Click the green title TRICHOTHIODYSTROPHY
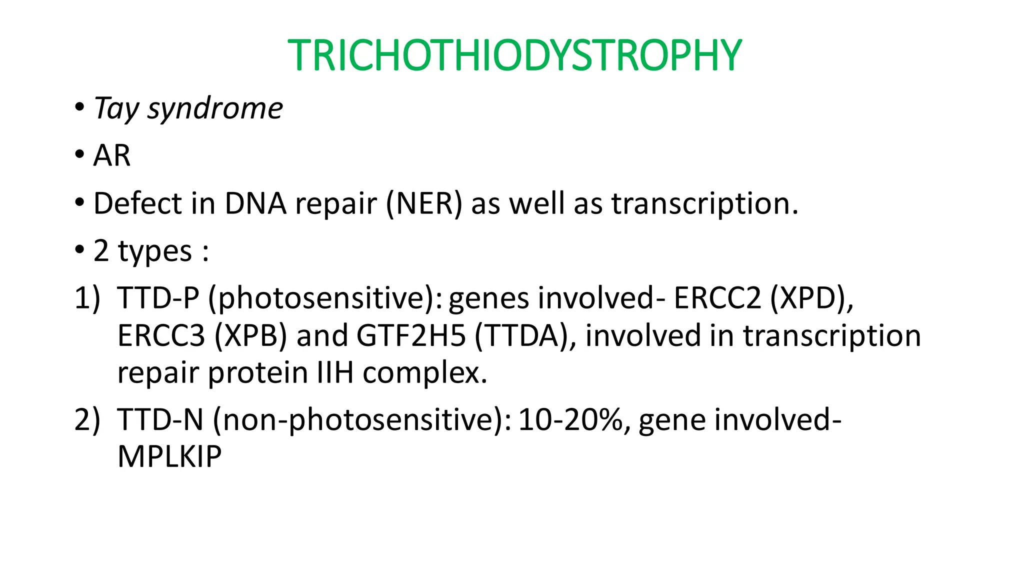tap(514, 55)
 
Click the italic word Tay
tap(116, 108)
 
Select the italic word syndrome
tap(215, 108)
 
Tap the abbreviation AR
tap(112, 155)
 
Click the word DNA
tap(255, 203)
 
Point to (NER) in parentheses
tap(424, 203)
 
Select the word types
tap(155, 251)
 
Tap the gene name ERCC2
tap(717, 298)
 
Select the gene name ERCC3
tap(161, 335)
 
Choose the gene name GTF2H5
tap(411, 335)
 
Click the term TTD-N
tap(160, 419)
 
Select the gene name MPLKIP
tap(169, 456)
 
